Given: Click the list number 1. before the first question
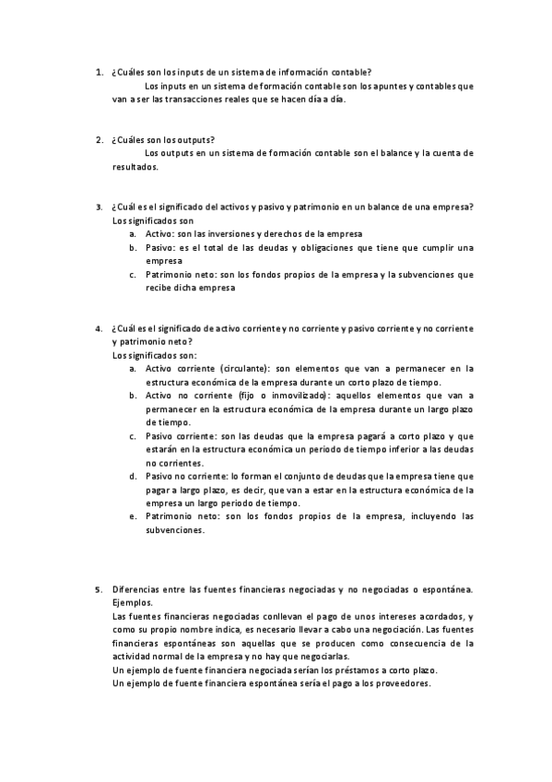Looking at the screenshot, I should (99, 72).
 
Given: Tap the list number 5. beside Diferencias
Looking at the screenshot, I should (99, 588).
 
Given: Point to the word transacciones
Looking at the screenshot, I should (203, 100).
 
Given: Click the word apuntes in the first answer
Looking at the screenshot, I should (389, 86).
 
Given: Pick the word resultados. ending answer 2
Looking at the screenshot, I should (135, 167).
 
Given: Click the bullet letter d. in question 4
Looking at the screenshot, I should (134, 476).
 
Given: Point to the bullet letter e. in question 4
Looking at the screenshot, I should (134, 516).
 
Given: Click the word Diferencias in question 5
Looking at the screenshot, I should (139, 588).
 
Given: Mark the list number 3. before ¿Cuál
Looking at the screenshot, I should (99, 207).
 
